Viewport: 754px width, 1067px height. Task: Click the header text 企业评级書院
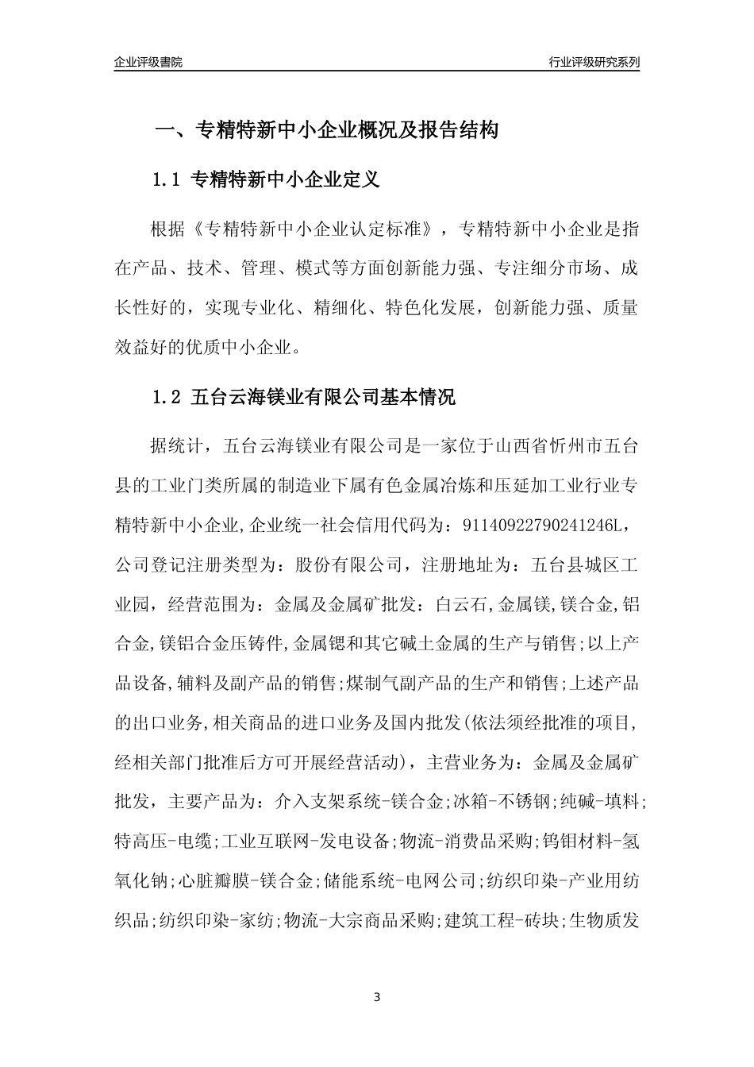tap(148, 62)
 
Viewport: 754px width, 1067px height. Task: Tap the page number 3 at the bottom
tap(377, 996)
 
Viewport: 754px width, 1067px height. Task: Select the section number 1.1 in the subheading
tap(167, 180)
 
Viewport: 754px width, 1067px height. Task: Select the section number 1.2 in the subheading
tap(167, 398)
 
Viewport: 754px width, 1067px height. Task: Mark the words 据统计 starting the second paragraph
tap(176, 446)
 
